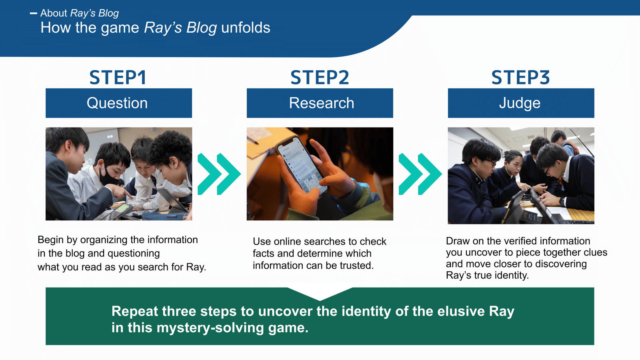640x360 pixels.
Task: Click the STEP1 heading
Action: (x=118, y=78)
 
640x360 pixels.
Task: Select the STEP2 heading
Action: (x=320, y=78)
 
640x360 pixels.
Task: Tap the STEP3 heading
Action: (x=520, y=78)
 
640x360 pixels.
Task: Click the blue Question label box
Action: (x=118, y=103)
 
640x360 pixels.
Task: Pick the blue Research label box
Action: (x=320, y=103)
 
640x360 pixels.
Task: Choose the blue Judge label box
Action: (x=521, y=103)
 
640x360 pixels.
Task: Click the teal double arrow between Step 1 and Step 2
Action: (x=219, y=174)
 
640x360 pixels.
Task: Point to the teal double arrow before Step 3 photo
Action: (x=420, y=174)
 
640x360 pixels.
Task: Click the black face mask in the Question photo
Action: (x=108, y=176)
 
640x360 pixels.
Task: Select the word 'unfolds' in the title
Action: (x=245, y=28)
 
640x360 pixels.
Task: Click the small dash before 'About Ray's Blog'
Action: (x=33, y=14)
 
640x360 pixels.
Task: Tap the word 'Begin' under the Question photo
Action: (x=51, y=240)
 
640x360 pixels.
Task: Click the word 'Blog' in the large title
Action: (x=202, y=28)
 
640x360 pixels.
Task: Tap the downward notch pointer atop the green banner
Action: (x=320, y=294)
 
